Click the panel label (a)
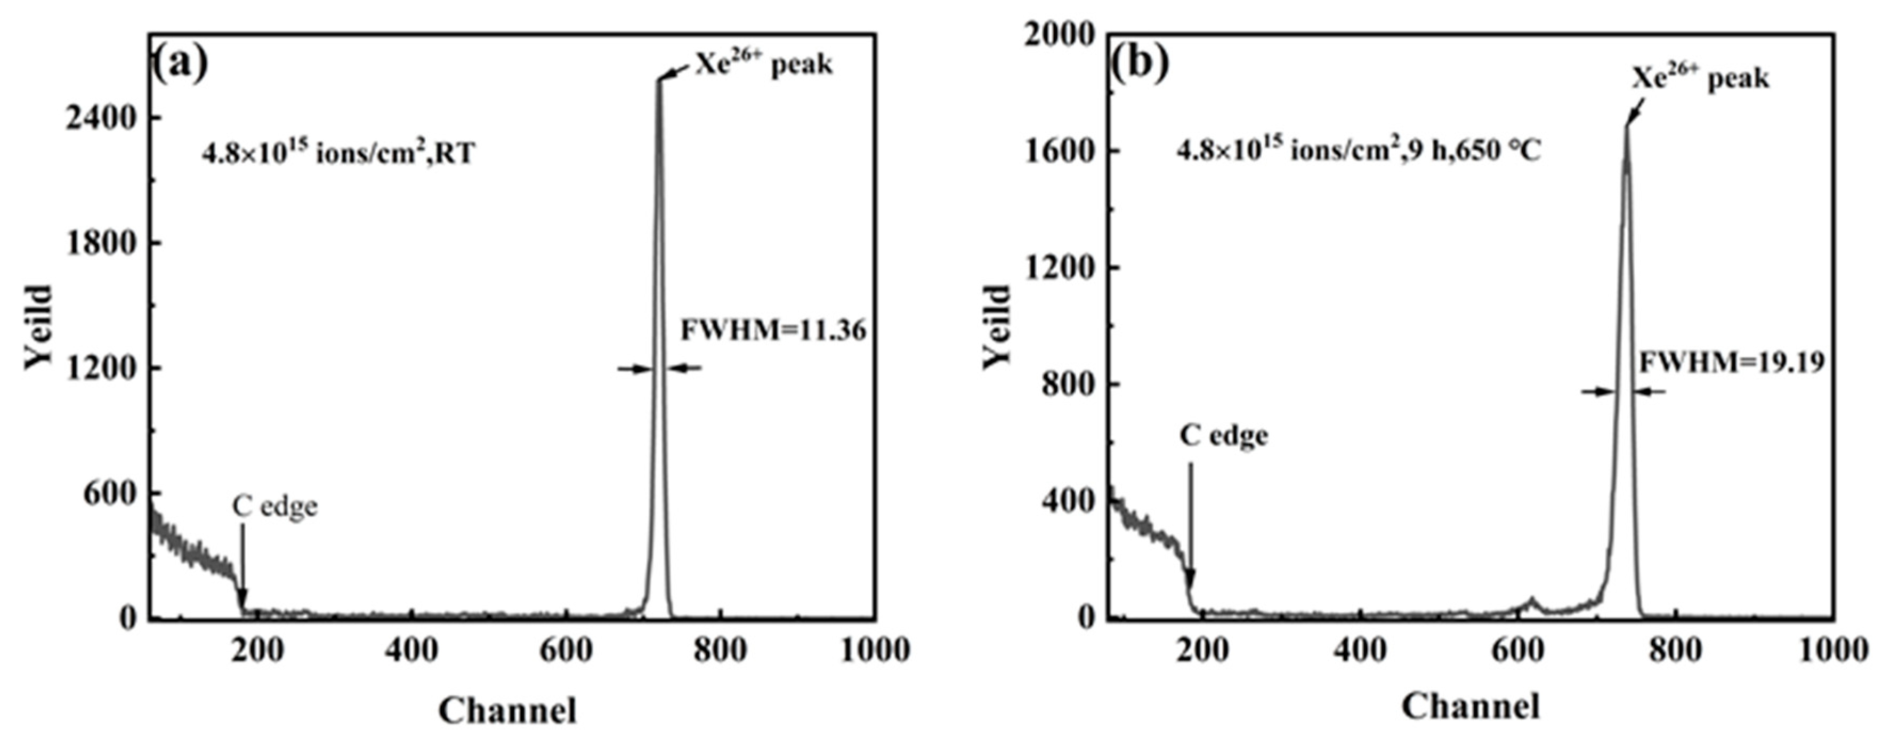tap(180, 65)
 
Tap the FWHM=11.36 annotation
tap(773, 330)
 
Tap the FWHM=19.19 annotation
tap(1732, 362)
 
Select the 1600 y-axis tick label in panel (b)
tap(1060, 151)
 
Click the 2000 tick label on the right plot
tap(1060, 35)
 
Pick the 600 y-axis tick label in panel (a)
tap(110, 493)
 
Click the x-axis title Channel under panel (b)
tap(1471, 706)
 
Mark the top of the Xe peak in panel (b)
tap(1627, 129)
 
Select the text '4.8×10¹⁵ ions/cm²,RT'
tap(338, 152)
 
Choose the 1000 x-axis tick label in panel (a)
tap(875, 650)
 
